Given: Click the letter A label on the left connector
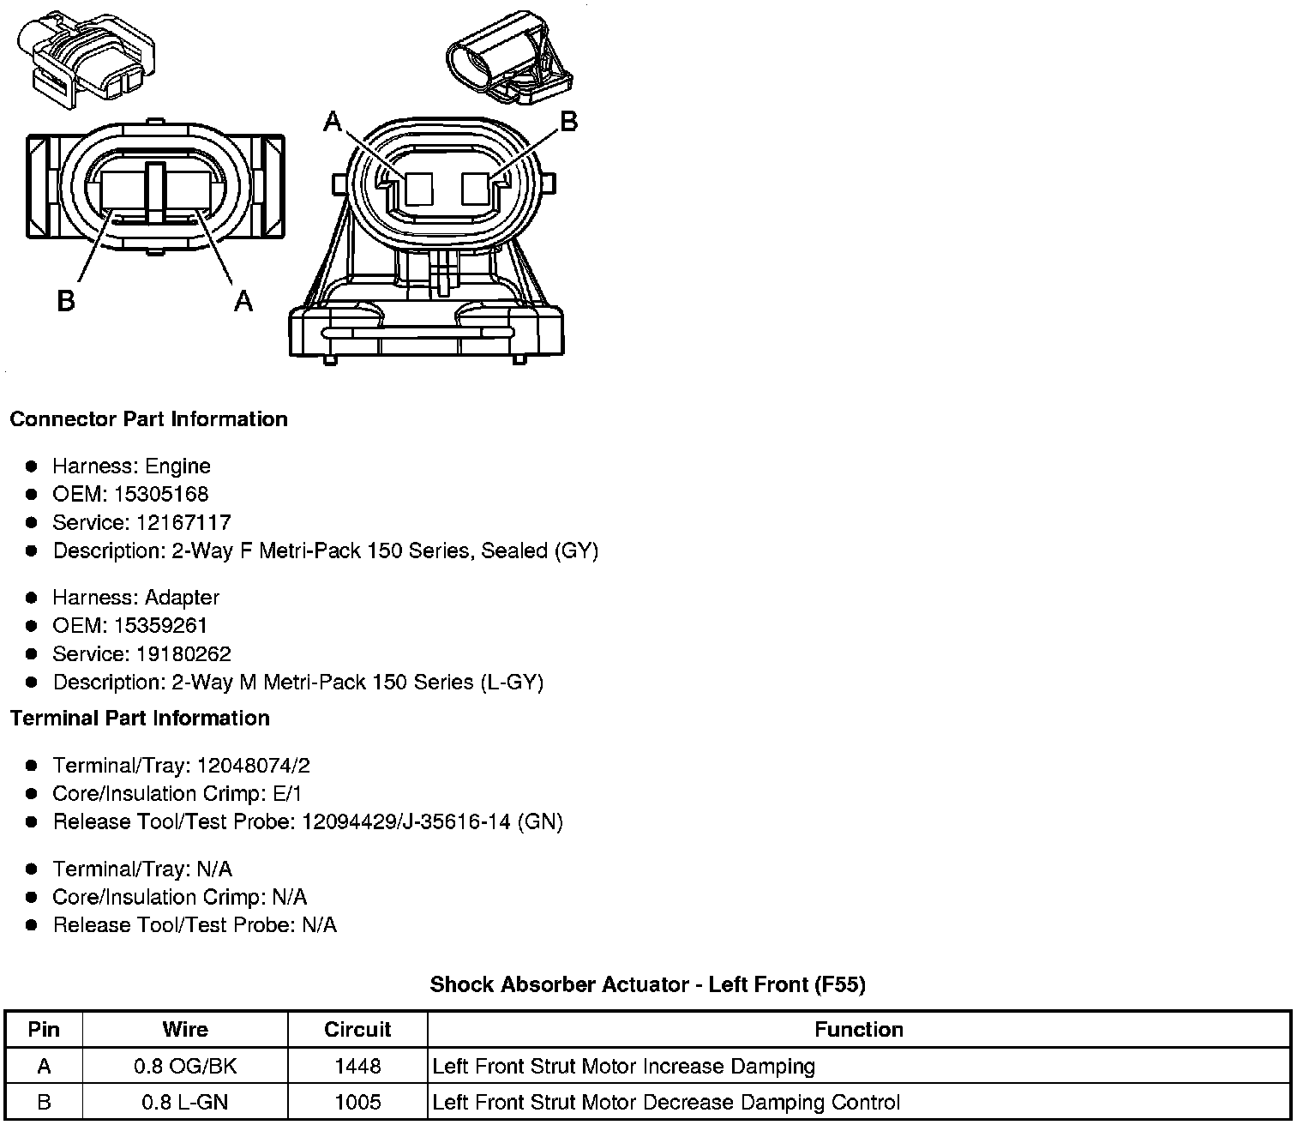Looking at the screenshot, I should tap(243, 301).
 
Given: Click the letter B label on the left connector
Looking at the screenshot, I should tap(66, 301).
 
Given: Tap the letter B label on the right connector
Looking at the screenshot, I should tap(568, 123).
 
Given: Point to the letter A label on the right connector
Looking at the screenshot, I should tap(333, 123).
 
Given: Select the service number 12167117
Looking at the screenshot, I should tap(183, 523).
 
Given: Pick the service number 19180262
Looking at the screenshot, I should tap(183, 654).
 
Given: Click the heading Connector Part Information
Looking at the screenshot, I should tap(148, 419).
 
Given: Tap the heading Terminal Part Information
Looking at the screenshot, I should tap(140, 719).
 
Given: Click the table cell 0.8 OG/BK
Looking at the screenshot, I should tap(185, 1067).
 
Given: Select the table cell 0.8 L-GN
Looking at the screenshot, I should tap(185, 1103).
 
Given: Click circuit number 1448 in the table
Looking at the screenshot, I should tap(357, 1067).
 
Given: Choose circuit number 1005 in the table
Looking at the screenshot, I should tap(357, 1103).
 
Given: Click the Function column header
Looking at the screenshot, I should tap(859, 1030).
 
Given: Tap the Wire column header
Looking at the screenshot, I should tap(185, 1030).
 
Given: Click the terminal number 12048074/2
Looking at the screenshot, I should tap(253, 766).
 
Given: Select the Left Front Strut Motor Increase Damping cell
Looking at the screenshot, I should tap(624, 1067).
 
